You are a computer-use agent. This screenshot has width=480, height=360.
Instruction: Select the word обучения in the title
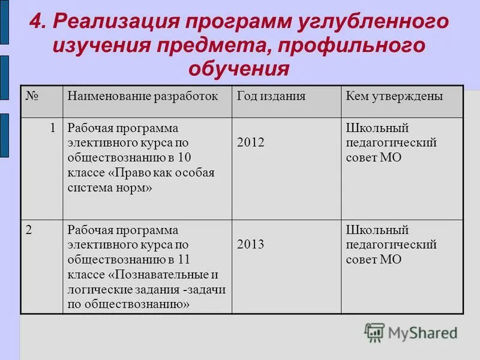click(239, 68)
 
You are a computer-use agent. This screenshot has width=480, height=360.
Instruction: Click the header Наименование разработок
click(143, 96)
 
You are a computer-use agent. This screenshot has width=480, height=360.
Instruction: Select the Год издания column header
click(271, 96)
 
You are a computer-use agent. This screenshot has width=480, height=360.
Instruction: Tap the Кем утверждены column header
click(394, 96)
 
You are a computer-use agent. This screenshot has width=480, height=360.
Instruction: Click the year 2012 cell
click(251, 143)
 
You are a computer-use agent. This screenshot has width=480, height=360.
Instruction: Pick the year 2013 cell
click(251, 245)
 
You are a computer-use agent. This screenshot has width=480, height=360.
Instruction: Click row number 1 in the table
click(53, 128)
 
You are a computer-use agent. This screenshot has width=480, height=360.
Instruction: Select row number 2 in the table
click(29, 230)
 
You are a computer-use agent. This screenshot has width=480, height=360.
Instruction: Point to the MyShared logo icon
click(374, 332)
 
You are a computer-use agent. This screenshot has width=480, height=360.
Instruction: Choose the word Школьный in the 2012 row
click(377, 128)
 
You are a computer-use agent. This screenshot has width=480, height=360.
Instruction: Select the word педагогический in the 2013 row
click(391, 245)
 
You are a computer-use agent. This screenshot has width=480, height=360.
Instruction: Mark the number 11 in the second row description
click(184, 260)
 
